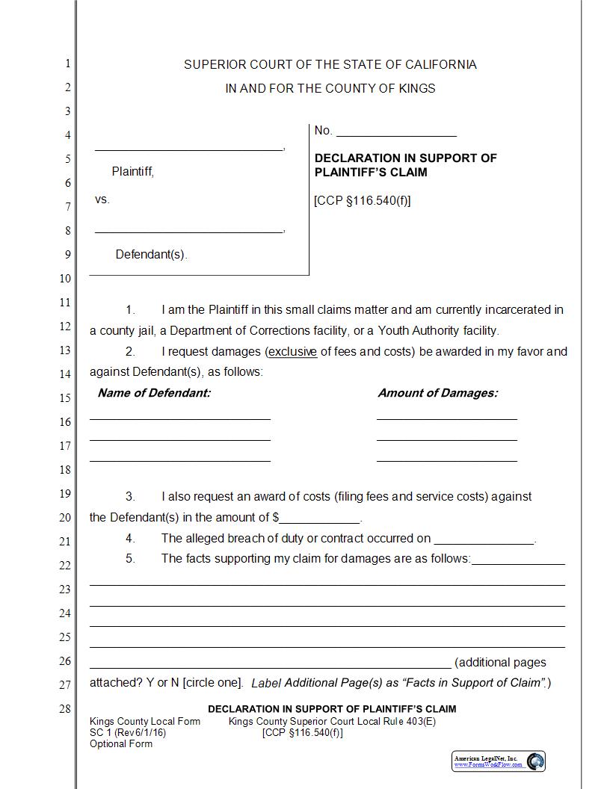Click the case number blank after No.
pos(396,132)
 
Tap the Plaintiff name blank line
pos(188,147)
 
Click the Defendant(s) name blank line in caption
pos(188,229)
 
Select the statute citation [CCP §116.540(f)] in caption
pos(363,201)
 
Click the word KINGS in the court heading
pos(417,88)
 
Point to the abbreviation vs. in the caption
pos(102,199)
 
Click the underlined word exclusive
pos(293,351)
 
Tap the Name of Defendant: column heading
pos(154,393)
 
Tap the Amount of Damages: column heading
pos(437,393)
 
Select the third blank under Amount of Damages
pos(446,458)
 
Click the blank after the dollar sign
pos(320,518)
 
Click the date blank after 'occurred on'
pos(484,539)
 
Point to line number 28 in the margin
pos(65,709)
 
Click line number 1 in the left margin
pos(67,64)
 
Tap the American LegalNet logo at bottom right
pos(499,761)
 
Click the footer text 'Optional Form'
pos(121,743)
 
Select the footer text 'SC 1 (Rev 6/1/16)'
pos(128,733)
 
